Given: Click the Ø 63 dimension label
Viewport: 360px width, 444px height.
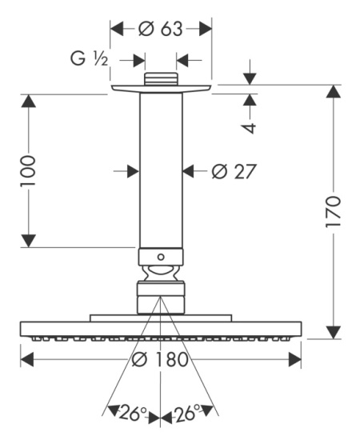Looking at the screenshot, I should coord(161,30).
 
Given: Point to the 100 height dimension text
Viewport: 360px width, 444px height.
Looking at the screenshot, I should coord(29,171).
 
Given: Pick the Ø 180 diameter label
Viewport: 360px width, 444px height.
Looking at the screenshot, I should coord(160,359).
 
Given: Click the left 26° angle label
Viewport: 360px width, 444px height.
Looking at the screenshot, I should coord(131,414).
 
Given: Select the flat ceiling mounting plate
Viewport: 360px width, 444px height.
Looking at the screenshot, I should coord(161,88).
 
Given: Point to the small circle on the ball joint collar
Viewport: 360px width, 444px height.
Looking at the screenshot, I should coord(161,258).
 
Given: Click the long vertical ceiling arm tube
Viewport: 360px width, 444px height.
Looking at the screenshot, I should coord(161,168).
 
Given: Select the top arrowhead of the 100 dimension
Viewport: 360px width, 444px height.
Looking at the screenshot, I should coord(29,101).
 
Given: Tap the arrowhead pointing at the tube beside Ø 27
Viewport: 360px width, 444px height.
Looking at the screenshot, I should coord(190,170).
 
